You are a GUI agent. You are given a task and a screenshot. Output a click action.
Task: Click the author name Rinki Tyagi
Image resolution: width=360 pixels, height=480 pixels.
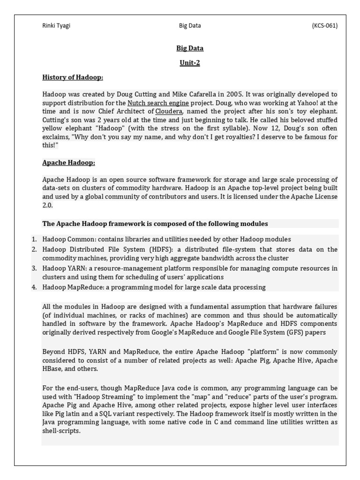tap(56, 26)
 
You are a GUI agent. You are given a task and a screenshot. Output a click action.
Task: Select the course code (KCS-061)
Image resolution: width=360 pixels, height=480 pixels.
tap(324, 26)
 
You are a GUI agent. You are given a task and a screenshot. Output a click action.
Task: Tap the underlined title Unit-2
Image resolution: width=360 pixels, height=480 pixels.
tap(189, 63)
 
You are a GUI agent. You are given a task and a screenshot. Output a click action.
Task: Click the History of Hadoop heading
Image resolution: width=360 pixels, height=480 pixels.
tap(73, 77)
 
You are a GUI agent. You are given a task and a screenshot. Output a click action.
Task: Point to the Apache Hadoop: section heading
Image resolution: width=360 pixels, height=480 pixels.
tap(68, 163)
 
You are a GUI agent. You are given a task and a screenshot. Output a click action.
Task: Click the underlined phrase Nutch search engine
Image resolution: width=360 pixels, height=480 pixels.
tap(158, 103)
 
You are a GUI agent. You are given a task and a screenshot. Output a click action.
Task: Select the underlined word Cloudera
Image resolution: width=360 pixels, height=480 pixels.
tap(169, 111)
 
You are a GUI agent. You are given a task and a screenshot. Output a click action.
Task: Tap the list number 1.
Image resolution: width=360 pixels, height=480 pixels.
tap(34, 239)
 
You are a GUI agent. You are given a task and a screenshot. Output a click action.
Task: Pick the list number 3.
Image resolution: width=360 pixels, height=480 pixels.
tap(34, 268)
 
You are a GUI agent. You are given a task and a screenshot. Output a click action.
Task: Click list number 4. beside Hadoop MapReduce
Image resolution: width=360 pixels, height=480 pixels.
tap(34, 287)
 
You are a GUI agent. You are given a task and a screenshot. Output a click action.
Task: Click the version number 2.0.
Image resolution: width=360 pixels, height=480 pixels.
tap(47, 205)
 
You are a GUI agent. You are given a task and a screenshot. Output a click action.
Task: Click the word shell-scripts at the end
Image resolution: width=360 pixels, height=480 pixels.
tap(61, 431)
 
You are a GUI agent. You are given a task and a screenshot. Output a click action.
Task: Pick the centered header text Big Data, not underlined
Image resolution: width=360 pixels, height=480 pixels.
tap(189, 26)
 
